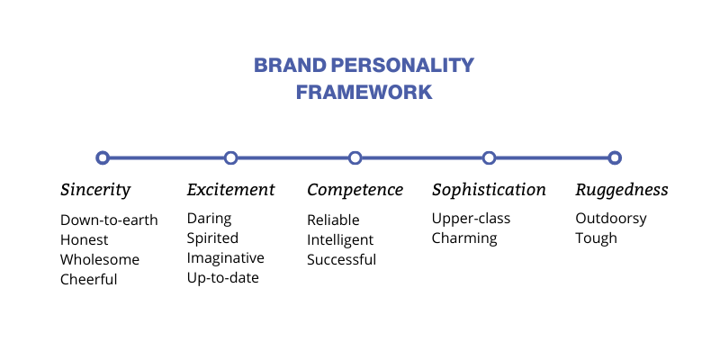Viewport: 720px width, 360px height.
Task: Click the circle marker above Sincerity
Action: [x=96, y=158]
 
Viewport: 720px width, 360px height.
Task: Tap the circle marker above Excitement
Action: [x=224, y=158]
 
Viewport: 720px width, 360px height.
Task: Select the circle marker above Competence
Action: [x=348, y=158]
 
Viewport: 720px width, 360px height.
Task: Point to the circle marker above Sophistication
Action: [x=483, y=158]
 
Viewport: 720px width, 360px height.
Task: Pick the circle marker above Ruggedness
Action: [x=608, y=158]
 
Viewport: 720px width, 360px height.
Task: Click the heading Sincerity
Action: [x=95, y=190]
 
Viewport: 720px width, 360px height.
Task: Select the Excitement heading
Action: [x=230, y=189]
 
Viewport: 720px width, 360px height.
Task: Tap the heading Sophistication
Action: [x=489, y=190]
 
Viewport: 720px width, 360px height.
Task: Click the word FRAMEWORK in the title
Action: [x=364, y=93]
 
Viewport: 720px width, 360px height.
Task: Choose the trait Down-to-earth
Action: [x=109, y=220]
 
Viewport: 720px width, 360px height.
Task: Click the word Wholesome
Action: [x=100, y=259]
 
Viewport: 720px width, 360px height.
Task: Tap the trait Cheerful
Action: [x=88, y=279]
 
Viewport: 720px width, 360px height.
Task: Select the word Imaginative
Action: [x=226, y=258]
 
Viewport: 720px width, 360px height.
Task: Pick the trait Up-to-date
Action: [x=222, y=278]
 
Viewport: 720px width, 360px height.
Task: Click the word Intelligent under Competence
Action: [x=340, y=240]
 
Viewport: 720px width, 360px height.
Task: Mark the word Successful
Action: [x=342, y=259]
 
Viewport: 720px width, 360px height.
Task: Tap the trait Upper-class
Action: [x=471, y=219]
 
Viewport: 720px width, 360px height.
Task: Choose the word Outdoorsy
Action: [x=611, y=219]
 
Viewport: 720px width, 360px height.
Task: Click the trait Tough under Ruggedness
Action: [x=596, y=238]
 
